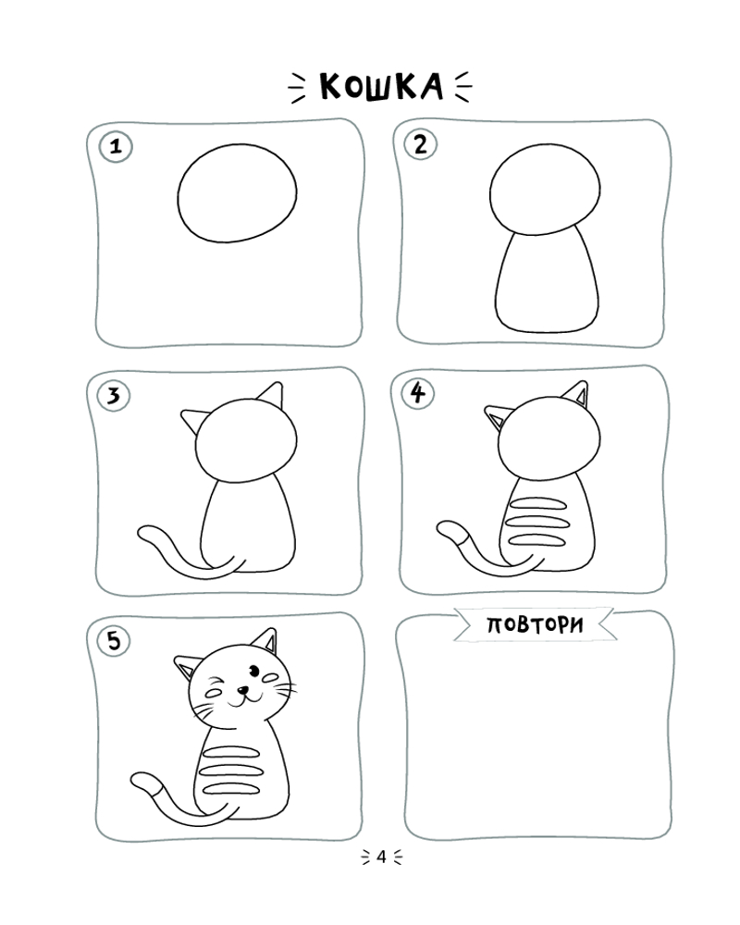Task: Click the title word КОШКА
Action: pyautogui.click(x=380, y=87)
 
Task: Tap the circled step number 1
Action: pyautogui.click(x=116, y=146)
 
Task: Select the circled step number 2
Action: pyautogui.click(x=420, y=144)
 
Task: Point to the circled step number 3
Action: pyautogui.click(x=114, y=395)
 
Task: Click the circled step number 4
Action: pyautogui.click(x=418, y=393)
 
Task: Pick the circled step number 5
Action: pyautogui.click(x=114, y=641)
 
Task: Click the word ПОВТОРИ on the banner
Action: pyautogui.click(x=535, y=624)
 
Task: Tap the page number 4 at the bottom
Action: pyautogui.click(x=381, y=857)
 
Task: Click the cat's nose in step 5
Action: pyautogui.click(x=242, y=689)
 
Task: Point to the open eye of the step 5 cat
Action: pyautogui.click(x=253, y=670)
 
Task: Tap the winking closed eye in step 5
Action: pyautogui.click(x=214, y=690)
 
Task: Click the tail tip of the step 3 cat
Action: pyautogui.click(x=143, y=534)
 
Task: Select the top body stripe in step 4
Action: pyautogui.click(x=538, y=504)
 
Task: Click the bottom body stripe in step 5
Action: pyautogui.click(x=230, y=789)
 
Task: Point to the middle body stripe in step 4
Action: pyautogui.click(x=539, y=522)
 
